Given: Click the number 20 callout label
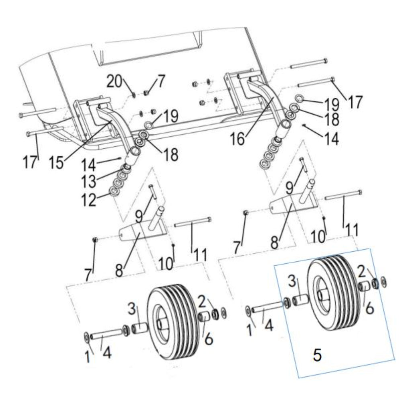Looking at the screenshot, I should pos(115,83).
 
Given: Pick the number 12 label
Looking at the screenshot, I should pos(88,200).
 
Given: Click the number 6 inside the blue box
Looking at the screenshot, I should pos(369,309).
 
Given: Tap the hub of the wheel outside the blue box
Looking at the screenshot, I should pos(163,322).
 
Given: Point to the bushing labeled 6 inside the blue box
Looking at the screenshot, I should pos(365,287).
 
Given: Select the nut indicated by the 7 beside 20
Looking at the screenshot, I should pos(147,94).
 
